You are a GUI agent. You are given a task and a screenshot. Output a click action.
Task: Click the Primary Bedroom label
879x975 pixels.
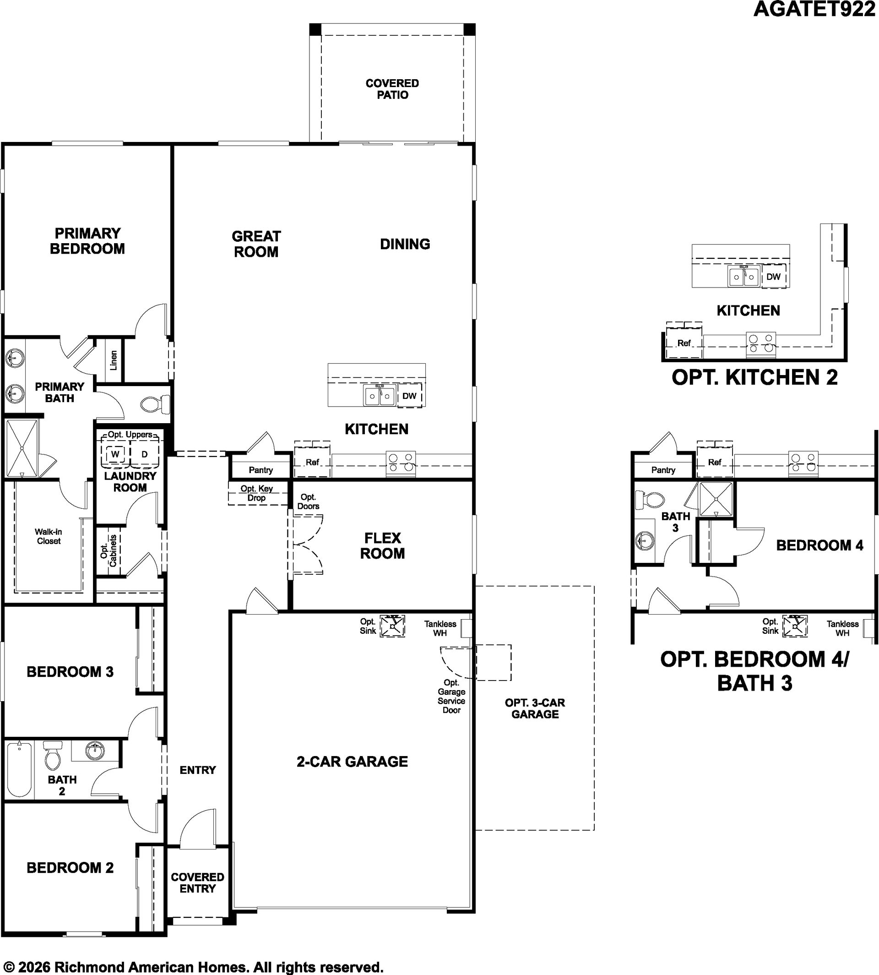[x=87, y=241]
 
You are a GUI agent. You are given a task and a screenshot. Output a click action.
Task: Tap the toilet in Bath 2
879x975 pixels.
[x=52, y=756]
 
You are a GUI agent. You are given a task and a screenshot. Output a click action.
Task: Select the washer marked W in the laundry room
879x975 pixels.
[x=115, y=454]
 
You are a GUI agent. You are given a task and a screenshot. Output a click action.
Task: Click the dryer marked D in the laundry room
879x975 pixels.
[x=144, y=454]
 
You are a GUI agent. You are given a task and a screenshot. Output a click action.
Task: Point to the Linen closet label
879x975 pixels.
[x=114, y=360]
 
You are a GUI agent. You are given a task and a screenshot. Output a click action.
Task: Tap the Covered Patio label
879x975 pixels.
[x=392, y=89]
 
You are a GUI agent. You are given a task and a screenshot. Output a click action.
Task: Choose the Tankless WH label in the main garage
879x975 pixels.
[x=440, y=629]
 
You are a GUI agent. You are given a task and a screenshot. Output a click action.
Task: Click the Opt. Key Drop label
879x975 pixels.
[x=256, y=493]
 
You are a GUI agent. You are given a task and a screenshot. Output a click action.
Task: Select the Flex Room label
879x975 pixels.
[x=383, y=546]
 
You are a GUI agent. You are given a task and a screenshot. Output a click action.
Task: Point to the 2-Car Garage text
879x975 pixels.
[x=352, y=762]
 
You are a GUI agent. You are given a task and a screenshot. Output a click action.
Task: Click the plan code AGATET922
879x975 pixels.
[x=814, y=9]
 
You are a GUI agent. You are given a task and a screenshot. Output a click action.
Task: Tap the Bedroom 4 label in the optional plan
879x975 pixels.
[x=820, y=545]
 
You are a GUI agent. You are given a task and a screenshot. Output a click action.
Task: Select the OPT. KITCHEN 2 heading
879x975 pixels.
[x=755, y=377]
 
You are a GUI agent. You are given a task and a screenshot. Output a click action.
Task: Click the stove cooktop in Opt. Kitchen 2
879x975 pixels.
[x=761, y=344]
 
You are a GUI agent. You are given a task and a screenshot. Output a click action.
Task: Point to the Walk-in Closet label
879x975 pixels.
[x=48, y=536]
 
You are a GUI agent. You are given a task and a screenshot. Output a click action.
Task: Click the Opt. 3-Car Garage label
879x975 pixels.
[x=535, y=709]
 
